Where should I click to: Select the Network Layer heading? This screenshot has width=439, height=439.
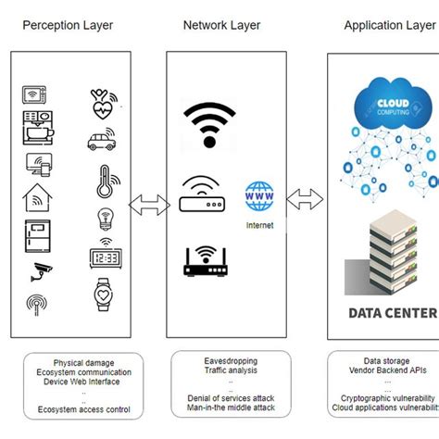pos(221,25)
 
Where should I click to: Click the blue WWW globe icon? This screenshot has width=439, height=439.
pos(261,198)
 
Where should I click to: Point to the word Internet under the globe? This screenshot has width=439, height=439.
pos(261,225)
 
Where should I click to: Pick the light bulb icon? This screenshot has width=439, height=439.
pos(104,219)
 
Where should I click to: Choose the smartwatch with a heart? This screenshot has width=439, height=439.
pos(105,295)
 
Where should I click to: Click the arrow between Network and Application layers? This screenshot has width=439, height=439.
pos(305,199)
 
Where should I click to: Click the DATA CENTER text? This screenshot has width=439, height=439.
pos(392,313)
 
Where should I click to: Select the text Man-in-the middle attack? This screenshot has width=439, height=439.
pos(230,408)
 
